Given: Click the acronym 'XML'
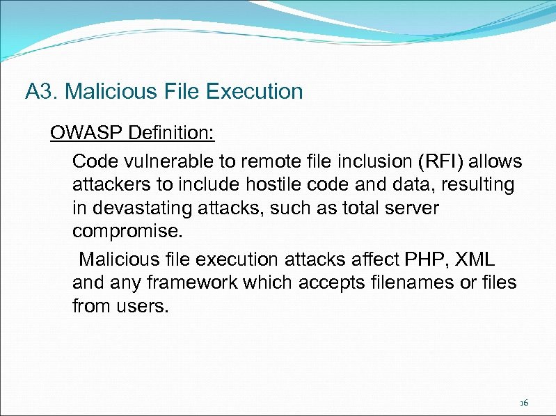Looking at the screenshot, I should click(477, 259).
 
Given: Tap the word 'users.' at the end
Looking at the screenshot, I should click(144, 307).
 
